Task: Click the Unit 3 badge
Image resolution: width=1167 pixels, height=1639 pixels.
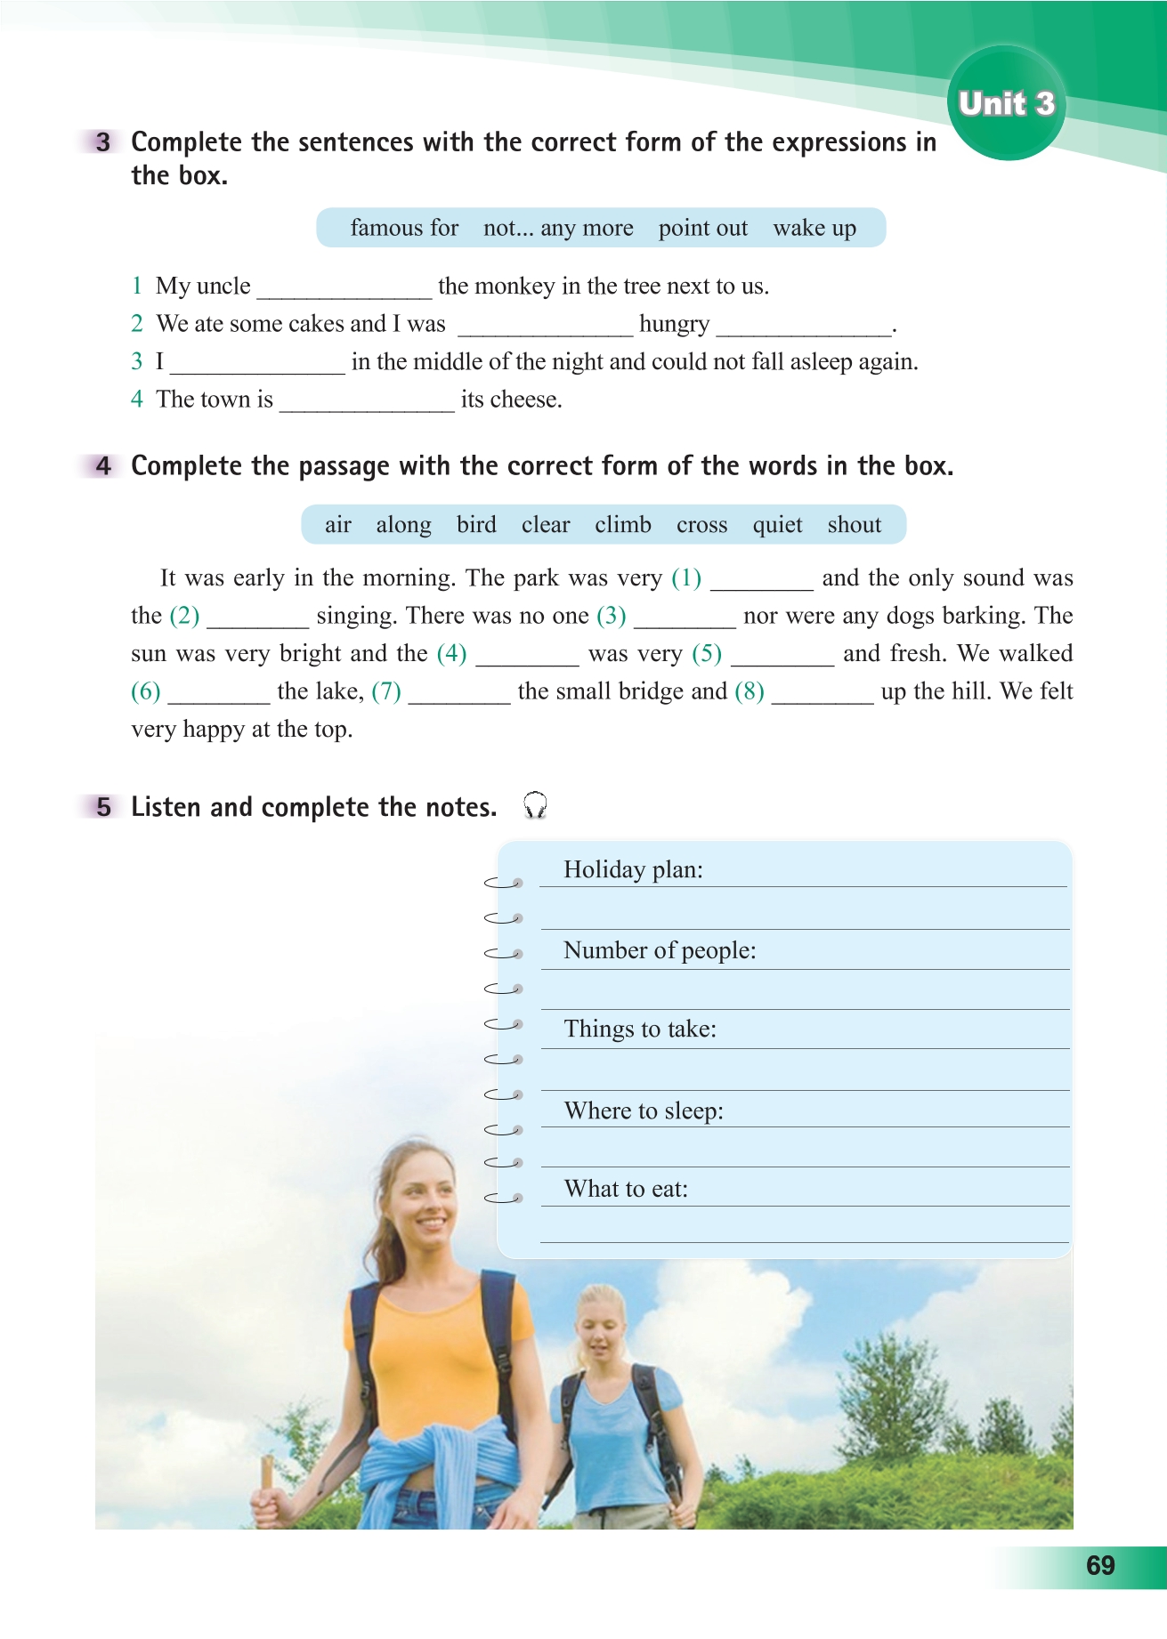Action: [1007, 103]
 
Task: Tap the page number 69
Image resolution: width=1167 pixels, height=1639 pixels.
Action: [1100, 1565]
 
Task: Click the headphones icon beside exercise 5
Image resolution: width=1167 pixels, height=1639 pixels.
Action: [535, 805]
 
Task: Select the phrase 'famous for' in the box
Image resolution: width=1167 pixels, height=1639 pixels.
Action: [404, 228]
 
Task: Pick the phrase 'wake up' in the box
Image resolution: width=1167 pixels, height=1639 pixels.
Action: [814, 228]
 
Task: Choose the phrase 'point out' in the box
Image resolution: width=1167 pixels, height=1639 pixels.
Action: [702, 228]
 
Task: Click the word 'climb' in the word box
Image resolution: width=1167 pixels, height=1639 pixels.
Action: [623, 525]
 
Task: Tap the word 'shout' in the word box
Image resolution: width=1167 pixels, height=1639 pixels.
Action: [854, 525]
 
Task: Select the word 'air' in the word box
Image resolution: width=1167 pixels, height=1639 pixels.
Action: [337, 525]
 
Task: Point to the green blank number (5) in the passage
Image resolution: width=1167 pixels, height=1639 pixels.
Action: [707, 653]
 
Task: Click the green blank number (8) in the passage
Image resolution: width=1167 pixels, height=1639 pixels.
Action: [750, 691]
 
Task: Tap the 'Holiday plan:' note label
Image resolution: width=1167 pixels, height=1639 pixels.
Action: [633, 869]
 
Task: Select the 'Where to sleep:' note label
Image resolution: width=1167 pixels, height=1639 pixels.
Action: [644, 1110]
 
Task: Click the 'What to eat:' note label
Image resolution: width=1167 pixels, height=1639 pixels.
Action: [626, 1189]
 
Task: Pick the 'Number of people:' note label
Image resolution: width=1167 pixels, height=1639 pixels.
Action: [660, 950]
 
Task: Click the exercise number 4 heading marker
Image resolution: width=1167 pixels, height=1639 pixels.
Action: [103, 465]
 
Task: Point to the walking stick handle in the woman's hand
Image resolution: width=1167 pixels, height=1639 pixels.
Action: [265, 1473]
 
